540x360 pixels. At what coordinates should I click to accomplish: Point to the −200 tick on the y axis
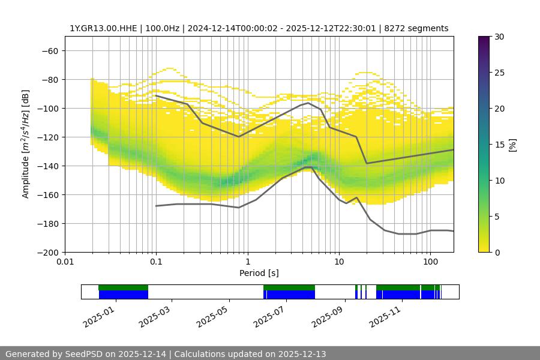(x=47, y=252)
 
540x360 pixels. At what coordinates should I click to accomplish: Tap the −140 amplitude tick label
(x=47, y=166)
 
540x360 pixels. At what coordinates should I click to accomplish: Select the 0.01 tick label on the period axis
(x=65, y=262)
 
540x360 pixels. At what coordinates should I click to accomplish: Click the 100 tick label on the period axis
(x=430, y=262)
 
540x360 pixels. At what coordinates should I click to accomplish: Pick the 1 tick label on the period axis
(x=247, y=262)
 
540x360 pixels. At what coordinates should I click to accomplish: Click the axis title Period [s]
(x=259, y=273)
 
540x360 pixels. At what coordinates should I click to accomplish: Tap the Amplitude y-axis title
(x=25, y=144)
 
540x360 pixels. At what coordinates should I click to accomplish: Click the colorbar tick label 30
(x=499, y=37)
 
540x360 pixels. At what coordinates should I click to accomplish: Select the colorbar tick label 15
(x=499, y=145)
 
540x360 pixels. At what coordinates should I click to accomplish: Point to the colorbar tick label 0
(x=497, y=253)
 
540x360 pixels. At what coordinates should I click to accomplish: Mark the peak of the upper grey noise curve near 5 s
(x=308, y=103)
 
